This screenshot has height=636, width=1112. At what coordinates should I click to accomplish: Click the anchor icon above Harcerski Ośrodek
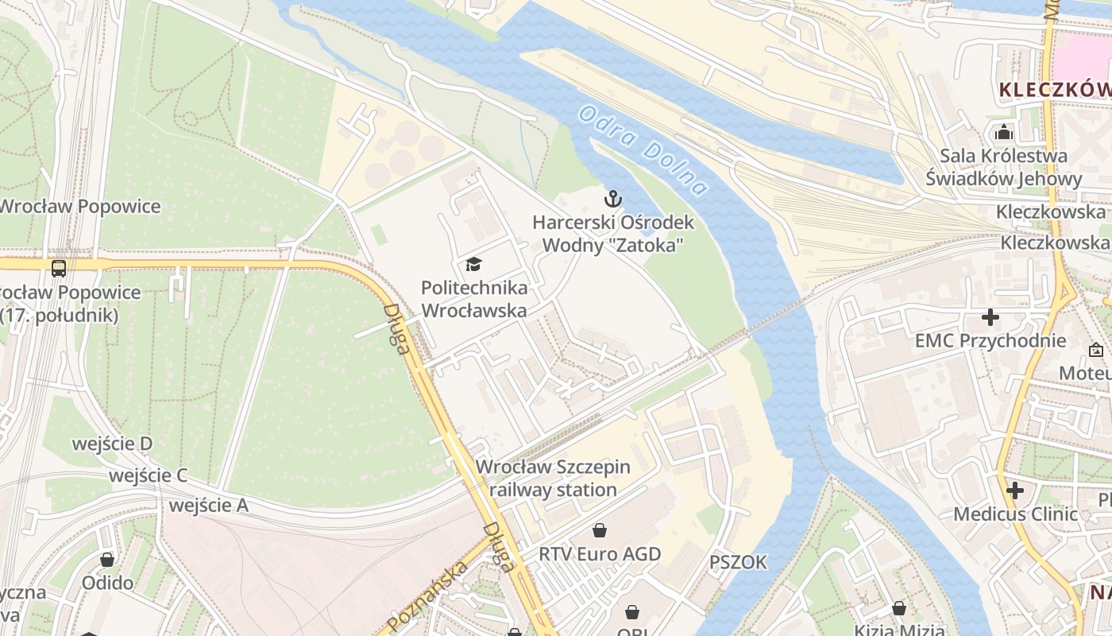click(612, 199)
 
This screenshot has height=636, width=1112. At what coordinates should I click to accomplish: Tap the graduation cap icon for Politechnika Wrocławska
click(473, 264)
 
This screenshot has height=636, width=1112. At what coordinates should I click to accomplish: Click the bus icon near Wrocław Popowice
click(59, 268)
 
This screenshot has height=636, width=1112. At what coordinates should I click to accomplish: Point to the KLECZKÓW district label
click(1054, 89)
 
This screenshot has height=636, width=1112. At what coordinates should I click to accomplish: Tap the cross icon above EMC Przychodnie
click(990, 318)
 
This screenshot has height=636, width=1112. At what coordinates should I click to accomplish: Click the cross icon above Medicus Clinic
click(1014, 491)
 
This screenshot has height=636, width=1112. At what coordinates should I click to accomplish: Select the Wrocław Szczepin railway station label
click(553, 479)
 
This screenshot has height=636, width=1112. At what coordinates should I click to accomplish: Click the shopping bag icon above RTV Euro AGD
click(600, 529)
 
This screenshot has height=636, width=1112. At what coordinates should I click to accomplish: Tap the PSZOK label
click(738, 563)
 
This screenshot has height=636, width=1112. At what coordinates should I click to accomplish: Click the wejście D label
click(112, 444)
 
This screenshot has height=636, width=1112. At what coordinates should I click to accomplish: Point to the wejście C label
click(148, 475)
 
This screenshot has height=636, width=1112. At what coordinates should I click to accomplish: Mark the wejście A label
click(208, 506)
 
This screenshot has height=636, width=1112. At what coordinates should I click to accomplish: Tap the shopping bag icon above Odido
click(107, 560)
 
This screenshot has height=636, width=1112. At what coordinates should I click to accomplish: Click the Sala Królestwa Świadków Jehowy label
click(1003, 167)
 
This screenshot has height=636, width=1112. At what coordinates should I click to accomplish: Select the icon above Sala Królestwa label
click(1004, 132)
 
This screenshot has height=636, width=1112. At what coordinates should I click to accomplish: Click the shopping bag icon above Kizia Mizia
click(899, 608)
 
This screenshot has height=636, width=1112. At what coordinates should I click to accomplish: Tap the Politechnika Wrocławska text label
click(473, 299)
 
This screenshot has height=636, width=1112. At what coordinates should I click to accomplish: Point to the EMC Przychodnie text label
click(990, 341)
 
